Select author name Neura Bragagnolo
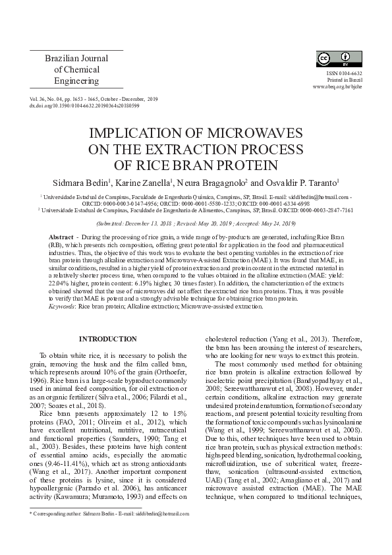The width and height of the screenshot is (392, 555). (209, 181)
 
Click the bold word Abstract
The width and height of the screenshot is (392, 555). (61, 235)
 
